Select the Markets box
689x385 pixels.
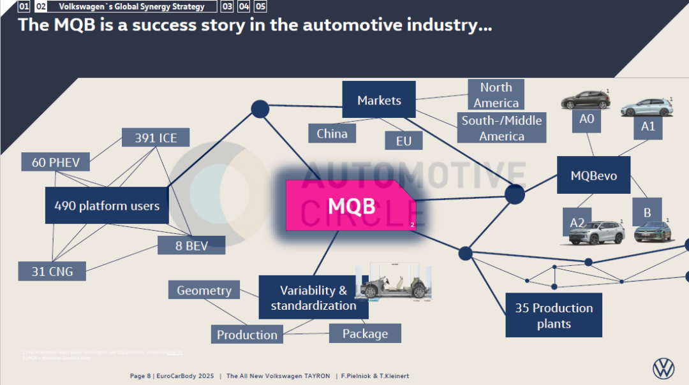coord(379,100)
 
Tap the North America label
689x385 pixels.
coord(496,95)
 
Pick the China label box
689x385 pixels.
coord(332,133)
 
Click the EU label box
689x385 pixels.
coord(403,141)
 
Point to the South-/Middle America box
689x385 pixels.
coord(501,128)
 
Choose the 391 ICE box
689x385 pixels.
coord(156,138)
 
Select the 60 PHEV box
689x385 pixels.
coord(56,163)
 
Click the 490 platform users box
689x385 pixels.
coord(107,206)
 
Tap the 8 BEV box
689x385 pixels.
coord(191,245)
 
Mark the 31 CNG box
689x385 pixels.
coord(52,272)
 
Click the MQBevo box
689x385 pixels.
coord(593,175)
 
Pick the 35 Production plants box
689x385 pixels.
coord(554,316)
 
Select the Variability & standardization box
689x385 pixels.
coord(313,298)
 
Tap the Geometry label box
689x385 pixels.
coord(204,291)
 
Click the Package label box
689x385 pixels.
coord(365,333)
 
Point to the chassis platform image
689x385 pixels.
coord(394,282)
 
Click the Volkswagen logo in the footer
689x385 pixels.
coord(663,368)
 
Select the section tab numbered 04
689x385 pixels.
coord(243,6)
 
